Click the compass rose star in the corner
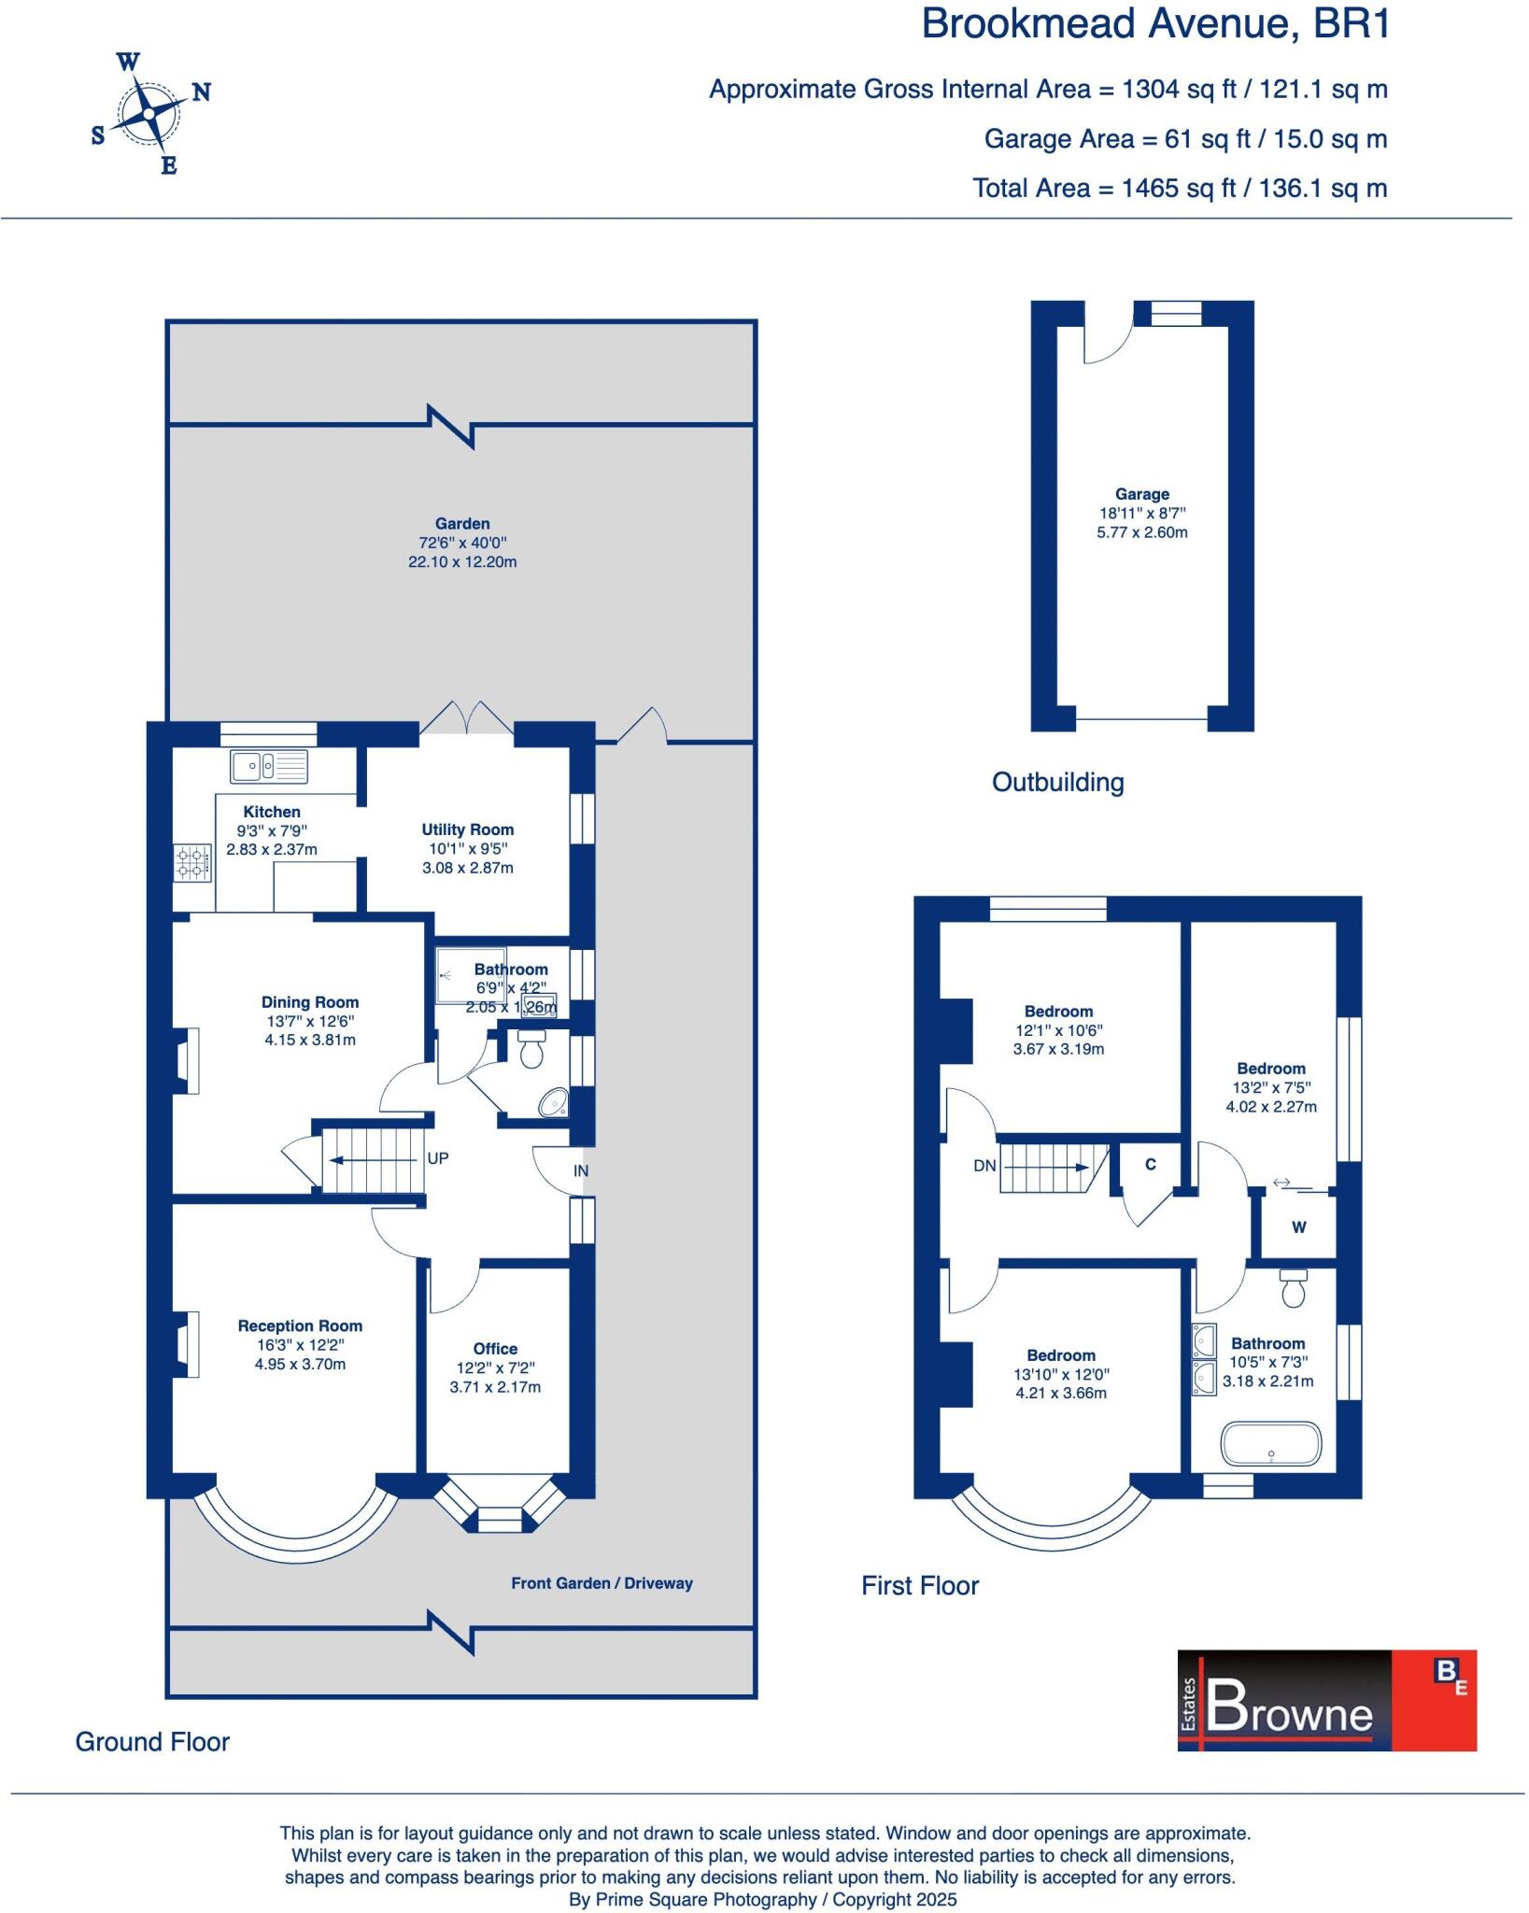point(148,114)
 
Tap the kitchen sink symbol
point(268,766)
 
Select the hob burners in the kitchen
point(192,862)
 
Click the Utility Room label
point(467,829)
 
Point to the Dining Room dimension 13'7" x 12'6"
point(309,1021)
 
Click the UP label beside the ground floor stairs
point(437,1158)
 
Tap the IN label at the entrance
point(581,1170)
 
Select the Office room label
point(495,1349)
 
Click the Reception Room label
point(300,1325)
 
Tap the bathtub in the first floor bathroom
point(1271,1444)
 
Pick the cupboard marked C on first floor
point(1151,1165)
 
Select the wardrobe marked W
point(1298,1227)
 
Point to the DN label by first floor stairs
point(984,1166)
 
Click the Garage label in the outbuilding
point(1141,494)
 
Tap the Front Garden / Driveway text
point(602,1583)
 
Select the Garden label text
point(461,524)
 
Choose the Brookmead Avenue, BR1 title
point(1155,24)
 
